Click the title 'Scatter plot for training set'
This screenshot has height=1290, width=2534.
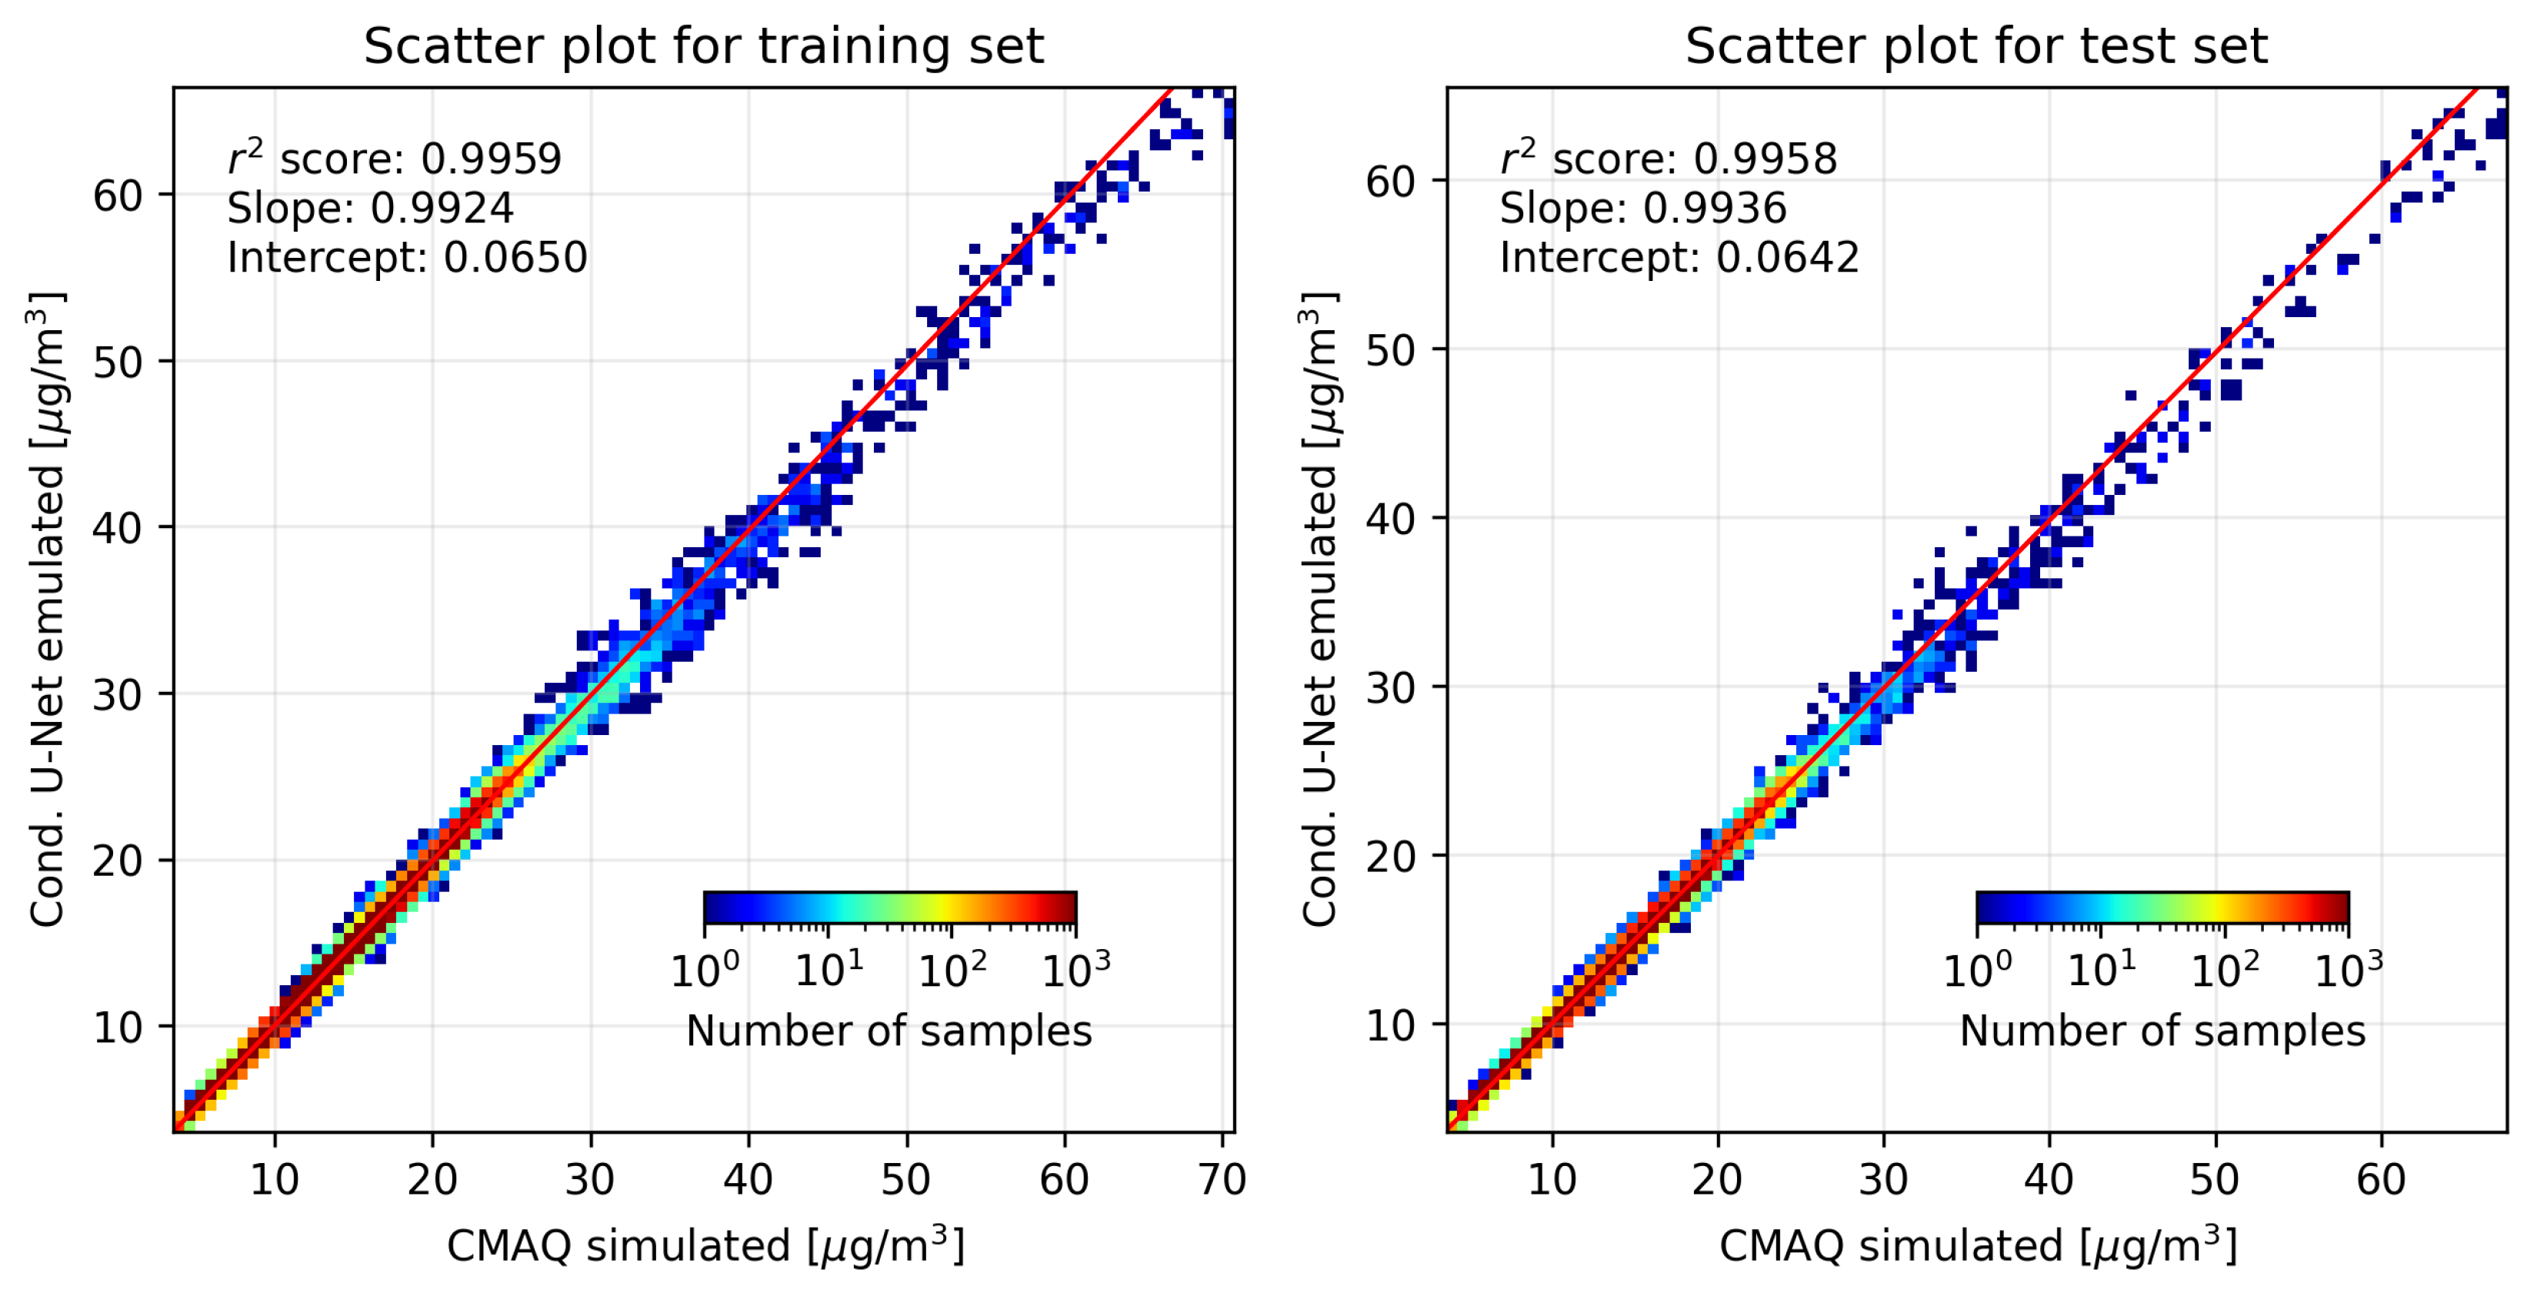pyautogui.click(x=703, y=46)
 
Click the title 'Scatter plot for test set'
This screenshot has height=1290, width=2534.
pyautogui.click(x=1976, y=46)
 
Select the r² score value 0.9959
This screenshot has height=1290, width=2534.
pyautogui.click(x=491, y=159)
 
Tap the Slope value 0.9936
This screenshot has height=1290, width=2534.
pyautogui.click(x=1715, y=209)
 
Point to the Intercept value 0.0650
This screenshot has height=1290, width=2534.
pyautogui.click(x=515, y=258)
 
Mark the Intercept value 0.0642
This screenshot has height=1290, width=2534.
pyautogui.click(x=1787, y=258)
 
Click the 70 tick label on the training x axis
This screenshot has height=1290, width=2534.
pyautogui.click(x=1222, y=1179)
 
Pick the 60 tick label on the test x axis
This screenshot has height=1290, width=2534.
pyautogui.click(x=2381, y=1179)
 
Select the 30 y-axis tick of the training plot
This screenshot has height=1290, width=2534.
pyautogui.click(x=118, y=696)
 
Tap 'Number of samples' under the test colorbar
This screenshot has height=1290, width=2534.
pyautogui.click(x=2162, y=1031)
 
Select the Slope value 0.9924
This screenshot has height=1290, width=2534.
pyautogui.click(x=442, y=209)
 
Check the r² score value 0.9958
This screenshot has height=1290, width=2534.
pyautogui.click(x=1764, y=159)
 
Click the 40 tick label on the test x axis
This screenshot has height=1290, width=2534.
pyautogui.click(x=2049, y=1179)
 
